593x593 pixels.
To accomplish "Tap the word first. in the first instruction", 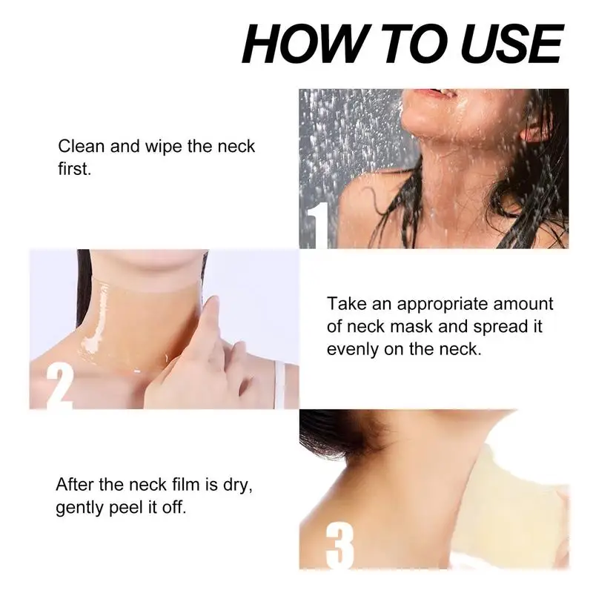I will tap(74, 169).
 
